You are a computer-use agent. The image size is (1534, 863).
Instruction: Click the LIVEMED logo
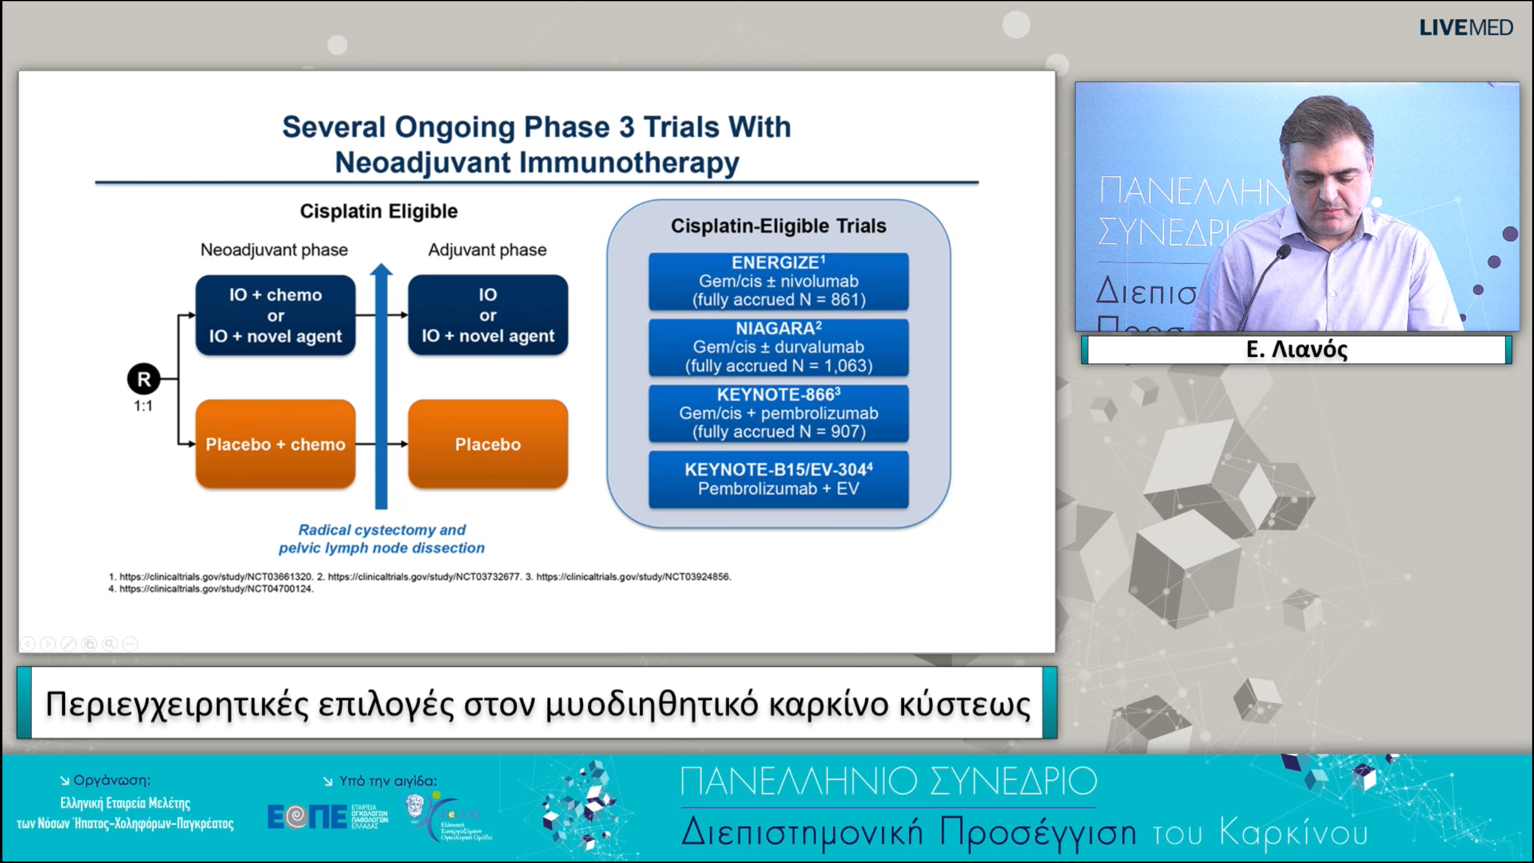[1466, 28]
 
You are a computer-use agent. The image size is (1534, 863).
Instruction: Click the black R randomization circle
[143, 379]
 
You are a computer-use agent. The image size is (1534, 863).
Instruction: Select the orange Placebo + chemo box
[275, 444]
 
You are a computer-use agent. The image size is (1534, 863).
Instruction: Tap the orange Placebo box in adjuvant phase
[488, 444]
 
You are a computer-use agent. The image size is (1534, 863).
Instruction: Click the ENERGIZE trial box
[778, 281]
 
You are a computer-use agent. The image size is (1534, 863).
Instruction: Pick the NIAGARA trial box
[778, 347]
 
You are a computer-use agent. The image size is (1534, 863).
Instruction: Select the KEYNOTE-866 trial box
[778, 413]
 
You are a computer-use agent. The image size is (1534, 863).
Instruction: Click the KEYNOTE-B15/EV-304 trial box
[778, 479]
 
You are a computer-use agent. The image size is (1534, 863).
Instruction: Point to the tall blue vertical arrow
[381, 390]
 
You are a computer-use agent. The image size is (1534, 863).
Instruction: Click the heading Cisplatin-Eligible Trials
[778, 226]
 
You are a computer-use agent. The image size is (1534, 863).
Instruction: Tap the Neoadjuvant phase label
[274, 250]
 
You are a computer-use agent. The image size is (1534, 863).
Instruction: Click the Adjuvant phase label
[487, 250]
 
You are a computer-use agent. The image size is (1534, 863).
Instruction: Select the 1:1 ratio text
[143, 406]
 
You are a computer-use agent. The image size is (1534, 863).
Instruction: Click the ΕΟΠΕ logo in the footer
[307, 816]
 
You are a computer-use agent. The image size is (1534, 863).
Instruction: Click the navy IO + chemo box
[275, 315]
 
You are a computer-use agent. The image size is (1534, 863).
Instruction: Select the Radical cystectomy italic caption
[382, 539]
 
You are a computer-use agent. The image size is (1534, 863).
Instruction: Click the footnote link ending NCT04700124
[216, 589]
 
